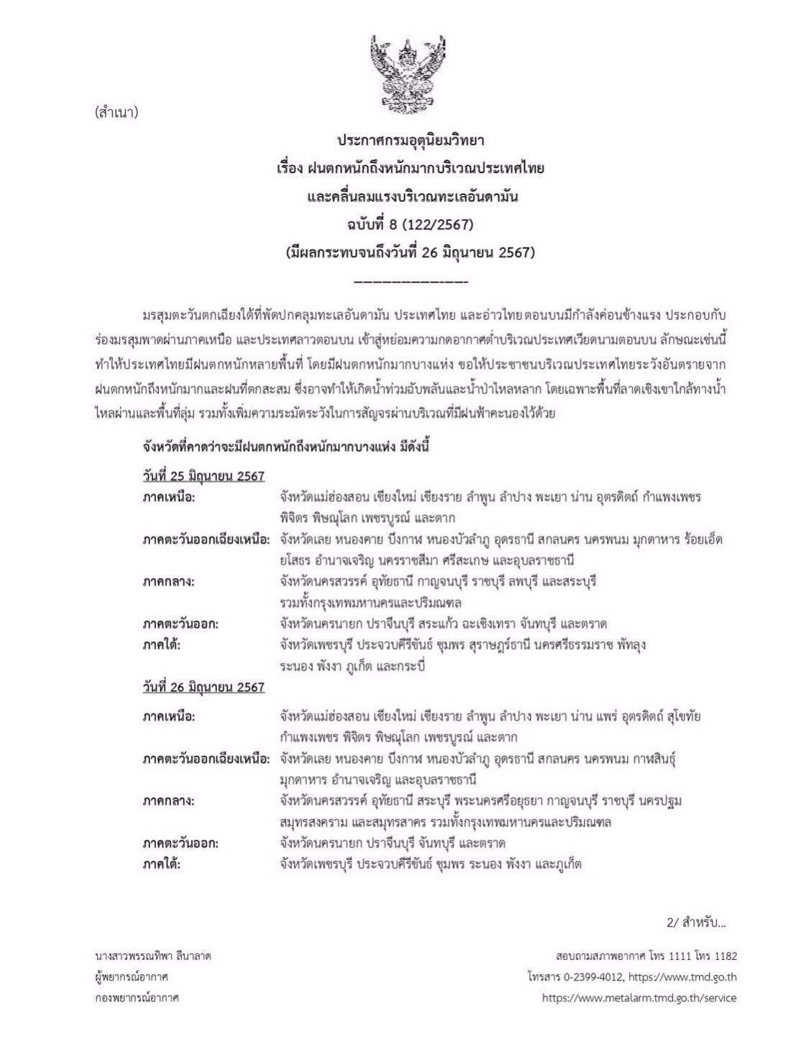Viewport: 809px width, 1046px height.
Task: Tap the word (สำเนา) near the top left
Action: click(x=116, y=112)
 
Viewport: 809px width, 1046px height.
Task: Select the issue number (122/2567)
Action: click(x=437, y=224)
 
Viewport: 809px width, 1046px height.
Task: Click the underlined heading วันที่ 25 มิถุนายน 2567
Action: click(x=204, y=476)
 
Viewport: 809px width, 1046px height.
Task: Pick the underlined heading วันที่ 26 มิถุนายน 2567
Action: click(x=204, y=687)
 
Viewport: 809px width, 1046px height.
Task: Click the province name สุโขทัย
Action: click(x=680, y=716)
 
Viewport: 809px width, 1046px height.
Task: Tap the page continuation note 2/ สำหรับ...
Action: click(x=696, y=922)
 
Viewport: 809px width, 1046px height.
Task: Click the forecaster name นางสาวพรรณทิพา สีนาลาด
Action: click(x=152, y=956)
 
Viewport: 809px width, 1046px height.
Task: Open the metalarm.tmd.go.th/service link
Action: click(x=639, y=998)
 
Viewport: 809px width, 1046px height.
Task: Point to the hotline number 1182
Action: click(x=722, y=956)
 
